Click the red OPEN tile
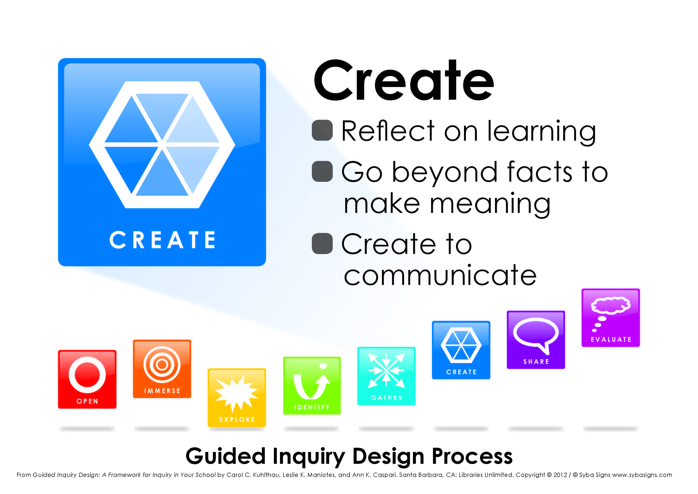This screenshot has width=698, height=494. tap(87, 379)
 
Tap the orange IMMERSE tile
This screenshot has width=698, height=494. tap(162, 369)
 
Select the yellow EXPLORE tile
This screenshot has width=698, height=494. tap(237, 397)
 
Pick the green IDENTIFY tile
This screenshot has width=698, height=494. tap(312, 386)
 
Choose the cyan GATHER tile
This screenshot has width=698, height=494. tap(386, 376)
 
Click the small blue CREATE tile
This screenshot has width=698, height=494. tap(461, 350)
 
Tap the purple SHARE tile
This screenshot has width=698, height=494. tap(536, 340)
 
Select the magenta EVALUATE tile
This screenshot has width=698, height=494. tap(611, 318)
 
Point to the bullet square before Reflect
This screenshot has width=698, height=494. tap(322, 130)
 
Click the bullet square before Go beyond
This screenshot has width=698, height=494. tap(322, 171)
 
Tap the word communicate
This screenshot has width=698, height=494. tap(440, 275)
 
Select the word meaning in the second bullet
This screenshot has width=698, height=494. tap(490, 204)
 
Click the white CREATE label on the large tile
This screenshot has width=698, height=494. tap(162, 240)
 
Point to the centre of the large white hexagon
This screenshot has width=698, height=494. tap(162, 145)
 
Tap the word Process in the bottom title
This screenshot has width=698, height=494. tap(472, 456)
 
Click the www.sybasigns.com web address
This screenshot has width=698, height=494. tap(642, 475)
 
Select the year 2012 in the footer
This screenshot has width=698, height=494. tap(560, 475)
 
